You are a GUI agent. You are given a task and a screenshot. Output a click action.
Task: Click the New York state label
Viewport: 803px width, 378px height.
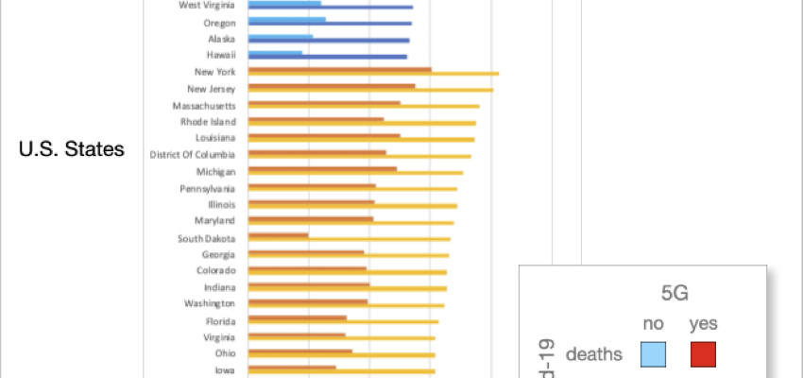coord(214,72)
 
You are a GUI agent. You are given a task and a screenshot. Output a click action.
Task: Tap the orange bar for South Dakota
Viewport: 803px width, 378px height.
coord(278,235)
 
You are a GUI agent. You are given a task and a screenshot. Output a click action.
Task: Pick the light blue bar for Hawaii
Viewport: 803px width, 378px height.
coord(275,53)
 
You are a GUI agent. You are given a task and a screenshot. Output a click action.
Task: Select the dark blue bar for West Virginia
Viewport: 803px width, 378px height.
coord(330,8)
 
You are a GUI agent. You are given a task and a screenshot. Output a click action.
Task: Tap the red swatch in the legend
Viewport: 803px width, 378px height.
coord(703,354)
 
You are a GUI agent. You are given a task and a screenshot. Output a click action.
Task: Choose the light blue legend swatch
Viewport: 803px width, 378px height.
coord(653,354)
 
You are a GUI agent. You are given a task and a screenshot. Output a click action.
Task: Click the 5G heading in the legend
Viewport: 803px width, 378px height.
coord(674,293)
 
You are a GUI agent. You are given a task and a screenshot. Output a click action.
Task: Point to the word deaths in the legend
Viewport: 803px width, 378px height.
coord(593,355)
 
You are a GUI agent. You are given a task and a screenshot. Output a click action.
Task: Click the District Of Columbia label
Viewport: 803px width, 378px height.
coord(193,155)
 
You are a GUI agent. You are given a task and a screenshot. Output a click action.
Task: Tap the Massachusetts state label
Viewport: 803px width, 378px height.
coord(204,105)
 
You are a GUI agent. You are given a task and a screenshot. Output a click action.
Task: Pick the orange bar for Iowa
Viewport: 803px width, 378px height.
coord(292,367)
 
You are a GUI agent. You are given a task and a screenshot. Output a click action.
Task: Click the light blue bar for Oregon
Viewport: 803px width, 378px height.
coord(287,19)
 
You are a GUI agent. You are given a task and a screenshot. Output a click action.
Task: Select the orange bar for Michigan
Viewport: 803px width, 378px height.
coord(322,169)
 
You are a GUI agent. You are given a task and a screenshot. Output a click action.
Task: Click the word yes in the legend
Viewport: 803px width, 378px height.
coord(703,324)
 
